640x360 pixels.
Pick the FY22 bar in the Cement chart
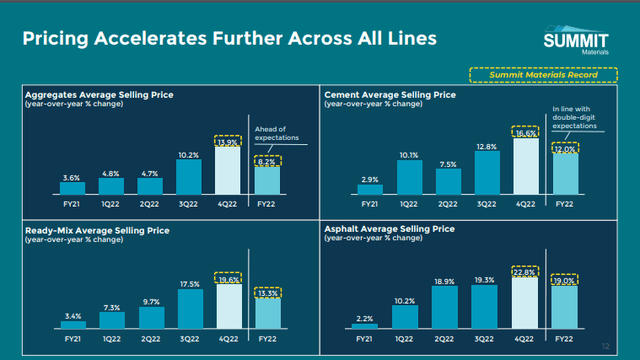click(564, 173)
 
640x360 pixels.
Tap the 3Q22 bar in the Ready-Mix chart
click(189, 311)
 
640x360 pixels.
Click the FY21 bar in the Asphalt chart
click(365, 326)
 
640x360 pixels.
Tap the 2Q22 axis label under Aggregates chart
click(148, 203)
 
